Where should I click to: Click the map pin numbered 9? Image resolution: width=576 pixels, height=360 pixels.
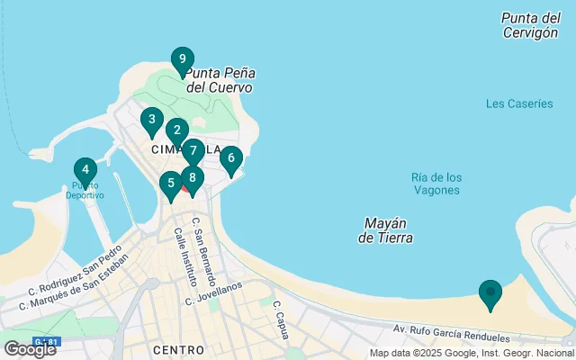[182, 61]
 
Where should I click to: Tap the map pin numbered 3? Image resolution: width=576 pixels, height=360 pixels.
[151, 121]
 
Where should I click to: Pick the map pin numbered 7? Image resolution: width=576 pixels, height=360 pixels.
[193, 151]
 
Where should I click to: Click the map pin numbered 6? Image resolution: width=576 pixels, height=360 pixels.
[231, 159]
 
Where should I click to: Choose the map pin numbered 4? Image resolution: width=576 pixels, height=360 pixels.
[85, 170]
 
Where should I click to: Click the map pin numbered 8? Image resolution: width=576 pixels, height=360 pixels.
[192, 178]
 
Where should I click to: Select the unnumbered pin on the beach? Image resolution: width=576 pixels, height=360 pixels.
[490, 293]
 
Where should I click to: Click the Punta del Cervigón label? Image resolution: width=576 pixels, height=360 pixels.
[530, 25]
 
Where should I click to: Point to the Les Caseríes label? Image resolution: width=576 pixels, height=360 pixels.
[519, 103]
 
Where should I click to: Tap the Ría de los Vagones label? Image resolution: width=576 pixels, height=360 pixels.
[436, 184]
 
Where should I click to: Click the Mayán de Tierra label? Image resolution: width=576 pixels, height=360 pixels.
[385, 230]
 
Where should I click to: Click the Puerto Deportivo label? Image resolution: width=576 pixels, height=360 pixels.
[84, 191]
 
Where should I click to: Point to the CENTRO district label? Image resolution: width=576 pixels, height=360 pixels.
[179, 349]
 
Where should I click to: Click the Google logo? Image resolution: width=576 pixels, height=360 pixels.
[30, 348]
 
